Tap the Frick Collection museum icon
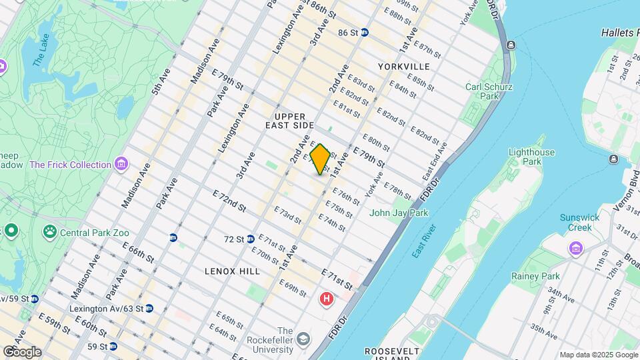click(121, 164)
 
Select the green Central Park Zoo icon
click(49, 233)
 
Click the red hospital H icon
click(327, 299)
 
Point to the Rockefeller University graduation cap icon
click(303, 339)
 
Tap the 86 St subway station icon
click(365, 32)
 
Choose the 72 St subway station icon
click(251, 239)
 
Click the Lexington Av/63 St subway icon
click(149, 308)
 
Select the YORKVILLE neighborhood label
click(403, 67)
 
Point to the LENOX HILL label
click(231, 271)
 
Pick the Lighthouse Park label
click(531, 157)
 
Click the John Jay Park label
click(399, 213)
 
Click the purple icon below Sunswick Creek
click(575, 248)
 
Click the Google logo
click(22, 351)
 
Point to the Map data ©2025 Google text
click(598, 355)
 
